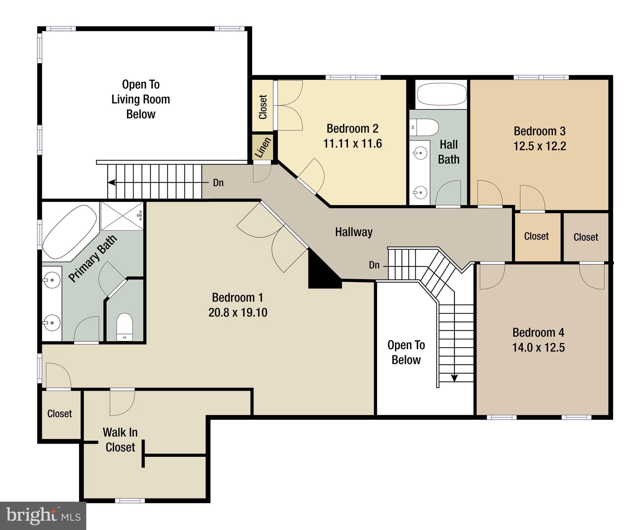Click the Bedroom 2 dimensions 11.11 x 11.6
point(352,144)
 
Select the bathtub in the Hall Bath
point(441,94)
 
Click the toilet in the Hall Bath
point(424,127)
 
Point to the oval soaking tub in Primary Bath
point(70,232)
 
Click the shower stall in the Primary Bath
point(122,216)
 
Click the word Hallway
point(354,232)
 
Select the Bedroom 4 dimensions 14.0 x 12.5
point(538,347)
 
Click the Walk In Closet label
point(120,440)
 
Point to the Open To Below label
point(406,352)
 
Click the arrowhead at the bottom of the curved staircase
point(454,378)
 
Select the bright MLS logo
point(43,516)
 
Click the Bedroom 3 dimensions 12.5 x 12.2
point(540,146)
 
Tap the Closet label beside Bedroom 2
point(263,107)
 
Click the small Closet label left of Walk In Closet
point(59,413)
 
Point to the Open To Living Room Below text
point(141,99)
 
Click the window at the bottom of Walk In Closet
point(130,500)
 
